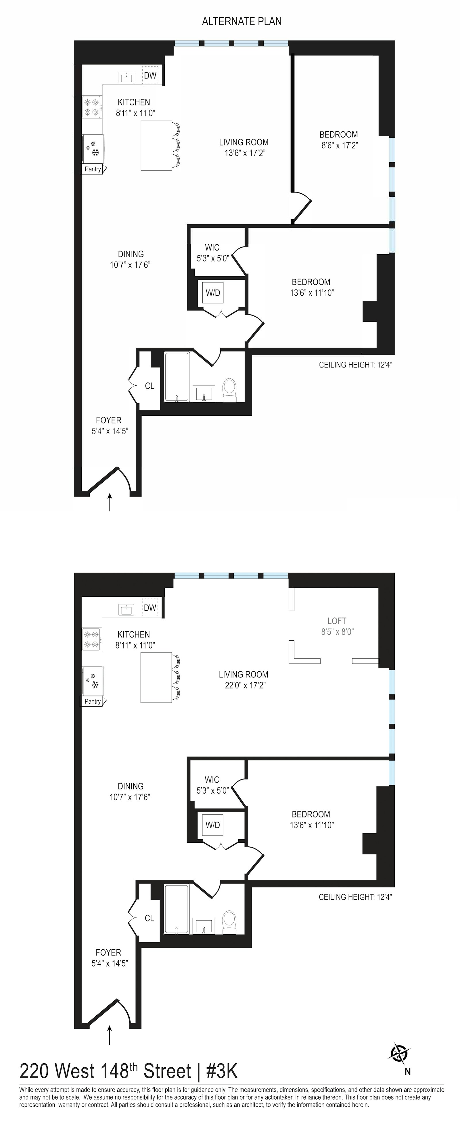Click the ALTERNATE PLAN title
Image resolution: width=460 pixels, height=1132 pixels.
(241, 21)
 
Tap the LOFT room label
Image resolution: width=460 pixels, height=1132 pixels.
(337, 621)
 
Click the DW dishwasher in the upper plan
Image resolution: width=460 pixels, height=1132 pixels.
(150, 76)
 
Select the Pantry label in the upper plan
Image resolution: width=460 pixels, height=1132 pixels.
(93, 169)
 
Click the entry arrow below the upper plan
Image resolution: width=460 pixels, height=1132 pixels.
(110, 502)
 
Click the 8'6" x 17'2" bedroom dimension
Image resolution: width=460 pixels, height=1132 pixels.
(339, 145)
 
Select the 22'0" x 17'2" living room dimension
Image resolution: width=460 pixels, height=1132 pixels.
(243, 685)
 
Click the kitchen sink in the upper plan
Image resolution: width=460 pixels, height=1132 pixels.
(127, 78)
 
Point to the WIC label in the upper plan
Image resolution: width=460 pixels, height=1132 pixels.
(212, 247)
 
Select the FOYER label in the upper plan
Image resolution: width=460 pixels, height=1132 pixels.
(109, 421)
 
